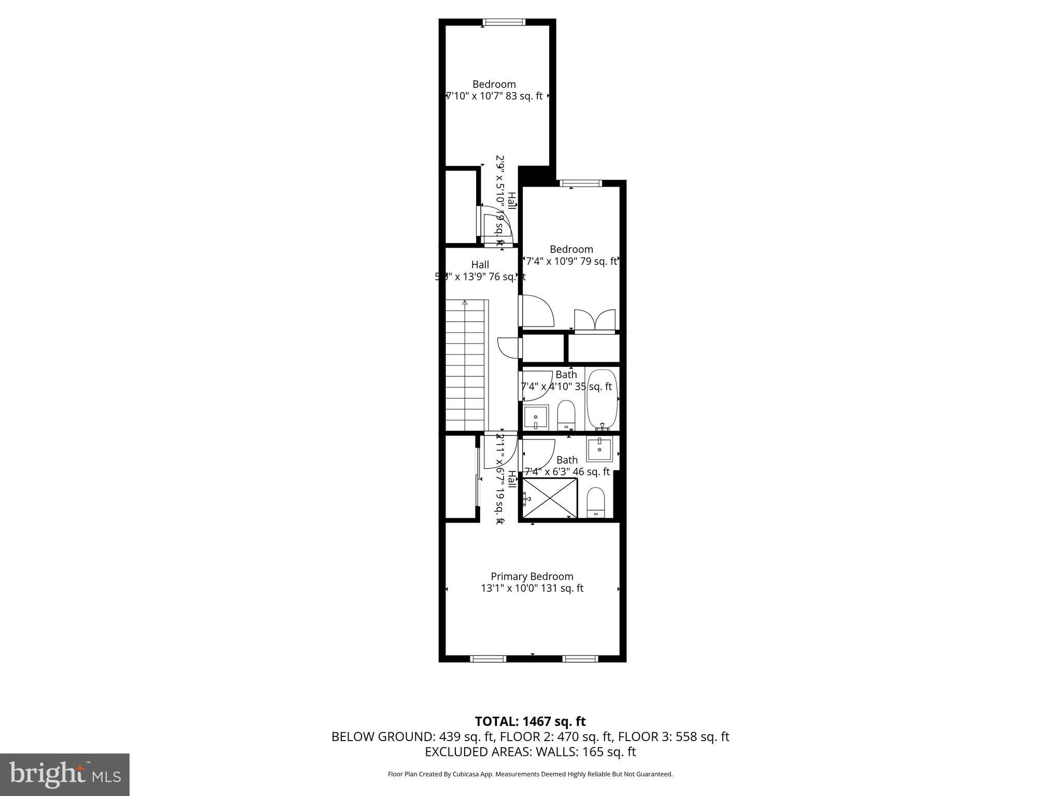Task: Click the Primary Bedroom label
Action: tap(532, 576)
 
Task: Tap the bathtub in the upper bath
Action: tap(602, 398)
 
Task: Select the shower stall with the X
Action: tap(550, 497)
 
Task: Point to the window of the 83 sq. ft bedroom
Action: tap(504, 22)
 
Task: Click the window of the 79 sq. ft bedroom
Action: tap(581, 183)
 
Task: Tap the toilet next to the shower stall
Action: tap(596, 502)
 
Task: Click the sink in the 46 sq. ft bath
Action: tap(600, 449)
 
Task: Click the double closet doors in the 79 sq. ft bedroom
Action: tap(595, 320)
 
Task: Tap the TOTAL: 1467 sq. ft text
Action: tap(530, 721)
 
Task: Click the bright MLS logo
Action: tap(65, 774)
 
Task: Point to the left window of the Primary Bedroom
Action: tap(488, 659)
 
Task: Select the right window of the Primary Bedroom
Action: tap(580, 659)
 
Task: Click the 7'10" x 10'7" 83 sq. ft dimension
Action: tap(494, 96)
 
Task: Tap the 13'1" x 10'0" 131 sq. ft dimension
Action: tap(532, 588)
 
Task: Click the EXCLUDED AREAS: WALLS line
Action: tap(530, 752)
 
